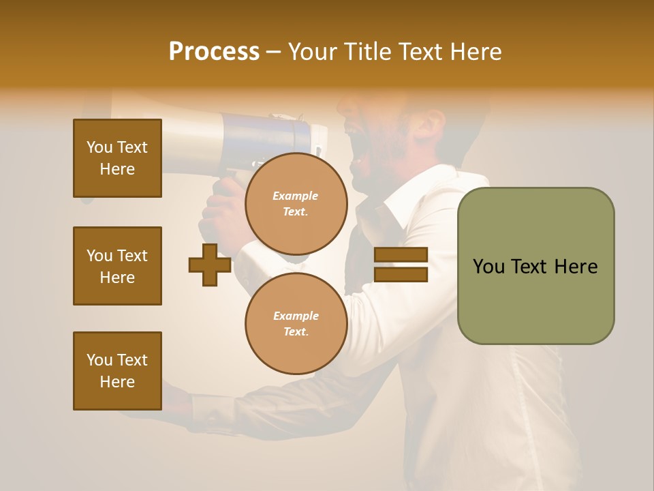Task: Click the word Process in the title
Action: click(214, 52)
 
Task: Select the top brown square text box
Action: click(117, 158)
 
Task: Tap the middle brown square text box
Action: click(117, 266)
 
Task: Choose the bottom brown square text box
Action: click(117, 371)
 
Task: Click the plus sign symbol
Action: click(210, 265)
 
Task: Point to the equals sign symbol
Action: click(401, 265)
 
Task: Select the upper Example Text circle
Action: click(296, 203)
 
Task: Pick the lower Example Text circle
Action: click(296, 323)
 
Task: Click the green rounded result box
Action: click(535, 266)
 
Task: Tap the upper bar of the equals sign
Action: click(401, 254)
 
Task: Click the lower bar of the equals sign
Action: click(401, 275)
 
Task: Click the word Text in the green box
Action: click(530, 267)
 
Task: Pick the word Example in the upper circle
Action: click(295, 196)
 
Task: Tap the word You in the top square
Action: click(99, 147)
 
